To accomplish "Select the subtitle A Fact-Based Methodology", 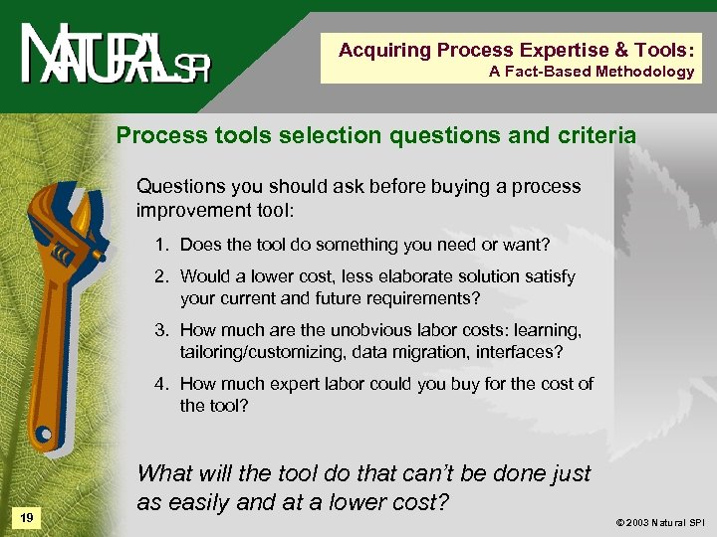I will [592, 71].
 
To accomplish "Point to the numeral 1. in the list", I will [162, 245].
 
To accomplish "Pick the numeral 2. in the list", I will [162, 276].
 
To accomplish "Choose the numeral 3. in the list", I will [162, 330].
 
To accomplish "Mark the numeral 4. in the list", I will [162, 384].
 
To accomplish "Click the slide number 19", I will [27, 517].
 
